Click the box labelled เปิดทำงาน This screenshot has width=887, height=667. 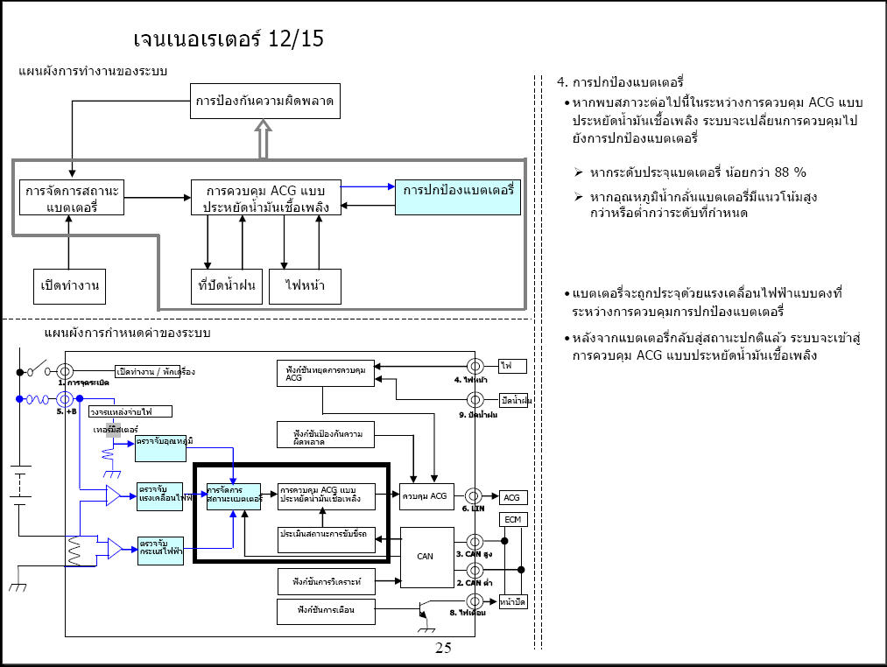pyautogui.click(x=68, y=286)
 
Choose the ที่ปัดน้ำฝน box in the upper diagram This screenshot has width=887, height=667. pyautogui.click(x=227, y=286)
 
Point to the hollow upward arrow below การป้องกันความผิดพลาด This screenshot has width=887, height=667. pyautogui.click(x=265, y=139)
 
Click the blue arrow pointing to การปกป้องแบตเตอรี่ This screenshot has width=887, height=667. pyautogui.click(x=368, y=186)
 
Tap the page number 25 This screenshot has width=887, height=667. pyautogui.click(x=443, y=649)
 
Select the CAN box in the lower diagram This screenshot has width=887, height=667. pyautogui.click(x=426, y=557)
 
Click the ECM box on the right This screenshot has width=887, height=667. pyautogui.click(x=512, y=520)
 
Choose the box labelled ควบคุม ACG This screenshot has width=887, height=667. pyautogui.click(x=426, y=496)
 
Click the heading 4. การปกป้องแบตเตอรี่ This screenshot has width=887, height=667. pyautogui.click(x=620, y=83)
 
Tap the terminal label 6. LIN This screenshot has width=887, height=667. pyautogui.click(x=474, y=509)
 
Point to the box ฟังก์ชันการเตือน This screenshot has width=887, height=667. pyautogui.click(x=326, y=609)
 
